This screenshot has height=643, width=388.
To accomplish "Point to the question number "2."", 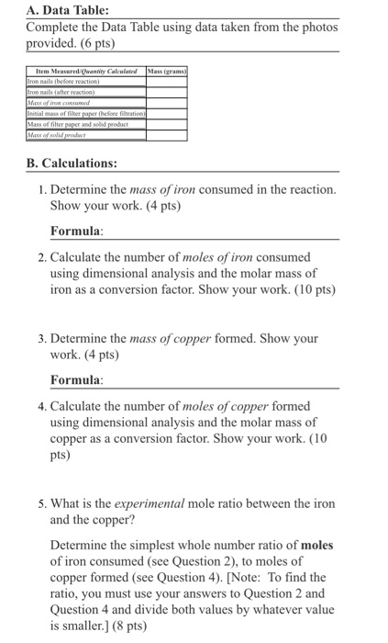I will (43, 257).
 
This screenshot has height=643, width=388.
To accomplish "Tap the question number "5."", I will (43, 503).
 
